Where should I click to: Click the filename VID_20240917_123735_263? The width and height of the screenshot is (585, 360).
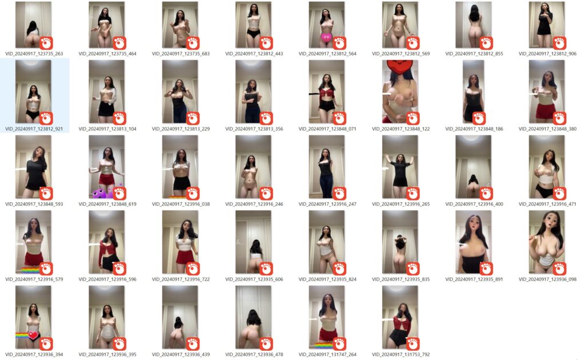coord(34,54)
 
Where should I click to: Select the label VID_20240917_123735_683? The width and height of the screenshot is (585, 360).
coord(181,54)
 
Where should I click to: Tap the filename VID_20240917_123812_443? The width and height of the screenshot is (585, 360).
coord(254,54)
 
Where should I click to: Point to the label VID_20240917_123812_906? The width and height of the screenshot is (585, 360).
coord(548,54)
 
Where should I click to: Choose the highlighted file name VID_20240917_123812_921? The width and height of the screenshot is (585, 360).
coord(34,129)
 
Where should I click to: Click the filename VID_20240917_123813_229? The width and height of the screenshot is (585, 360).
coord(181,129)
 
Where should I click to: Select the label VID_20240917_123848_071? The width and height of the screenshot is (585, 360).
coord(327,129)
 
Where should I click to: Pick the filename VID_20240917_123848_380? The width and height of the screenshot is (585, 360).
coord(548,129)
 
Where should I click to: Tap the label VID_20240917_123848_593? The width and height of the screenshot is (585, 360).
coord(34,205)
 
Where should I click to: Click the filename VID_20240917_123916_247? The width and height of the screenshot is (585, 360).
coord(327,205)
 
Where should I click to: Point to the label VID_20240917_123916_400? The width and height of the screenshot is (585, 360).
coord(474,205)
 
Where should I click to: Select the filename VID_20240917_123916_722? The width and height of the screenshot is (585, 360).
coord(181,279)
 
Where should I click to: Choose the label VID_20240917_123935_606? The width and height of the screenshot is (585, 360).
coord(254,279)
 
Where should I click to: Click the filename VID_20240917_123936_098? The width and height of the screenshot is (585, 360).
coord(548,279)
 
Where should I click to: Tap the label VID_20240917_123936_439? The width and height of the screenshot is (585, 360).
coord(181,355)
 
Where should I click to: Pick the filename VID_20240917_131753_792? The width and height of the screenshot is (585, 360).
coord(401,355)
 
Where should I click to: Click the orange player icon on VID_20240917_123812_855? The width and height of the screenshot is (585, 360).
coord(486,43)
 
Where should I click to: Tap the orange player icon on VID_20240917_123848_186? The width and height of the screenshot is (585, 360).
coord(479,119)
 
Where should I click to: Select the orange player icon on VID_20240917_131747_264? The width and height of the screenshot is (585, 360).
coord(339,344)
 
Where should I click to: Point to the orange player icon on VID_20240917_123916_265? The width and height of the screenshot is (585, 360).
coord(412,194)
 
